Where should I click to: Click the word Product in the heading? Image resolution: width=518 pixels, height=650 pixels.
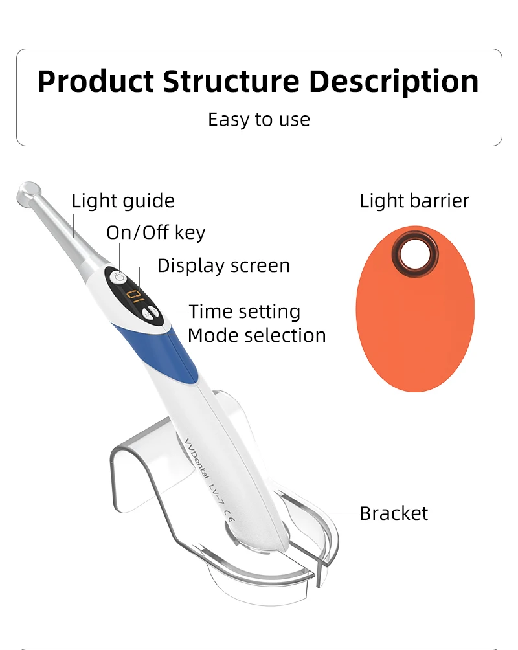95,82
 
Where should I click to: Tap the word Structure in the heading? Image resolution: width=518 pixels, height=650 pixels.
231,82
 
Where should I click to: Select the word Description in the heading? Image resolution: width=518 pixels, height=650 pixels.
394,82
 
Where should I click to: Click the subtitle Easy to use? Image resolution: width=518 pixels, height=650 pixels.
259,120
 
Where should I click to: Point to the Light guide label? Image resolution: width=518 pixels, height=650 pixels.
123,201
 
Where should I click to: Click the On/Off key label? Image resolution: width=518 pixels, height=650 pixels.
155,232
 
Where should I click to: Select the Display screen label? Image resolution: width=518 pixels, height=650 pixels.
223,265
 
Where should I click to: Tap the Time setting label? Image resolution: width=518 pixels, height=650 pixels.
245,311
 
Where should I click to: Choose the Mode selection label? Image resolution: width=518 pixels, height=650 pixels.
256,335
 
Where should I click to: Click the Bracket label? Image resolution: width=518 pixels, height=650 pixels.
394,513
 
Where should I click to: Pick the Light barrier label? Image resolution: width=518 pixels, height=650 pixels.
414,201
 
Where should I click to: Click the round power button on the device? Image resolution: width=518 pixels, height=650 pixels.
118,278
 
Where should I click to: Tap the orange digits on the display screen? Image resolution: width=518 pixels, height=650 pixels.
135,297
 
